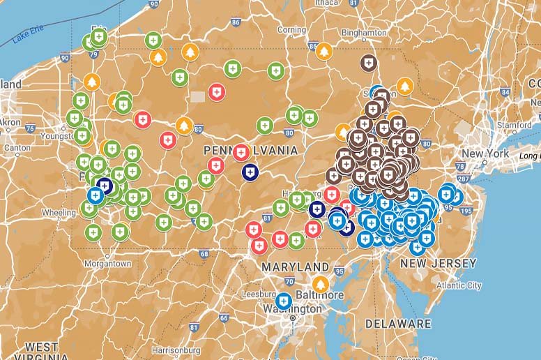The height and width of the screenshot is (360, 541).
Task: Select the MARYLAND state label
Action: tap(295, 267)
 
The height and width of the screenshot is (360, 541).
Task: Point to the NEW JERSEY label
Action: tap(438, 264)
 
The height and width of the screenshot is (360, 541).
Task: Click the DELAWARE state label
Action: tap(398, 324)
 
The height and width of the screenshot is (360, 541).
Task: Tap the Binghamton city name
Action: tap(364, 33)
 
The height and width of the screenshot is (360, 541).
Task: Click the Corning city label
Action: tap(291, 30)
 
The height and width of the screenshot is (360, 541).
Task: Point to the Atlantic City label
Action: tap(458, 285)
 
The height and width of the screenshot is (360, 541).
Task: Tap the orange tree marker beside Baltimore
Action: tap(320, 283)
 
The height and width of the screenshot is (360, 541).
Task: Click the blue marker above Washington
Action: tap(283, 301)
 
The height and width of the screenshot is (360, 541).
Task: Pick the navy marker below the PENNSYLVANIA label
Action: tap(250, 172)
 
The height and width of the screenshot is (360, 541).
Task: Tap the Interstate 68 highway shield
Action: tap(204, 253)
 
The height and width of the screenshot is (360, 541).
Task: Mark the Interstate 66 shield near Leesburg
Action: tap(224, 318)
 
